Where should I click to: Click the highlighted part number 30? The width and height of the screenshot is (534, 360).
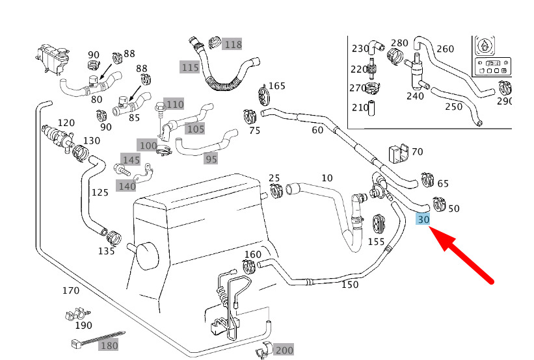pyautogui.click(x=423, y=220)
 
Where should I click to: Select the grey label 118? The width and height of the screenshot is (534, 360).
pyautogui.click(x=232, y=45)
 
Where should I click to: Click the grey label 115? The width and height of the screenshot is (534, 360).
pyautogui.click(x=190, y=67)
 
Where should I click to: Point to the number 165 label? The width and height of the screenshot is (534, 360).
pyautogui.click(x=277, y=86)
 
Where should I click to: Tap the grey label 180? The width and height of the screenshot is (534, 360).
pyautogui.click(x=109, y=346)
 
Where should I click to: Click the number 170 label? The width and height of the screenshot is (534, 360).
pyautogui.click(x=70, y=290)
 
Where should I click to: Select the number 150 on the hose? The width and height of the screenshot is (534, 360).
pyautogui.click(x=350, y=284)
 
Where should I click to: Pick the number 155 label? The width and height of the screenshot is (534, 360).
pyautogui.click(x=376, y=242)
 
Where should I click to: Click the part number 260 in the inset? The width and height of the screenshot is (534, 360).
pyautogui.click(x=446, y=49)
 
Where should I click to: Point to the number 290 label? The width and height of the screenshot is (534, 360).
pyautogui.click(x=505, y=101)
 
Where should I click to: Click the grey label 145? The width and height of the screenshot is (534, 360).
pyautogui.click(x=131, y=160)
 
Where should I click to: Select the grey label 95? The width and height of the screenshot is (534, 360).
pyautogui.click(x=211, y=159)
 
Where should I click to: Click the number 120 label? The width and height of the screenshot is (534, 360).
pyautogui.click(x=66, y=123)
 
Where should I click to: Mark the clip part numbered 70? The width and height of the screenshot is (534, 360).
pyautogui.click(x=397, y=154)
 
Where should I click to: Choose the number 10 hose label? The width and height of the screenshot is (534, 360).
pyautogui.click(x=327, y=177)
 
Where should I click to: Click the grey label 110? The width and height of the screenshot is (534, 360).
pyautogui.click(x=174, y=104)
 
